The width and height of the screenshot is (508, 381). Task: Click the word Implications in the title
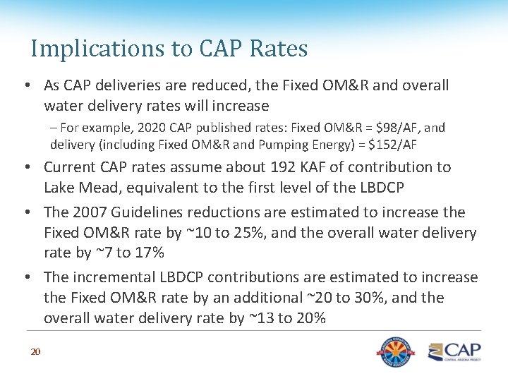pyautogui.click(x=97, y=49)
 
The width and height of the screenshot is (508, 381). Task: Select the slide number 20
pyautogui.click(x=36, y=351)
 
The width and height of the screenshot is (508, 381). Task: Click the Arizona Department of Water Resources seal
pyautogui.click(x=396, y=352)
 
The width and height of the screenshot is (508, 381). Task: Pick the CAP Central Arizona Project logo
pyautogui.click(x=454, y=352)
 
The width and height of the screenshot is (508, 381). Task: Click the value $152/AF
pyautogui.click(x=392, y=145)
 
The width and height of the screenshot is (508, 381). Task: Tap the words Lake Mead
pyautogui.click(x=83, y=188)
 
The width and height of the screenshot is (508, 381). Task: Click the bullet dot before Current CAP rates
pyautogui.click(x=28, y=167)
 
